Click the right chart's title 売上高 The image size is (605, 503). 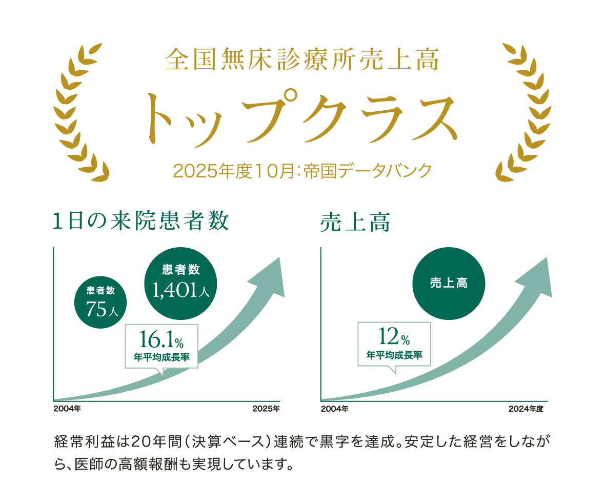coord(355,222)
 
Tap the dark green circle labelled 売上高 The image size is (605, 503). coord(449,284)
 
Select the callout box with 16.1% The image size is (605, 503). coord(161,346)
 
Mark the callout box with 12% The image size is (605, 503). coord(394,344)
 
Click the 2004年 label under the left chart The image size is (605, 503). coord(67,409)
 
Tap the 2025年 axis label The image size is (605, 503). coord(266,409)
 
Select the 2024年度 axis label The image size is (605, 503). coord(526,409)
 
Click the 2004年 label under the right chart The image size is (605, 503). coord(335,409)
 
